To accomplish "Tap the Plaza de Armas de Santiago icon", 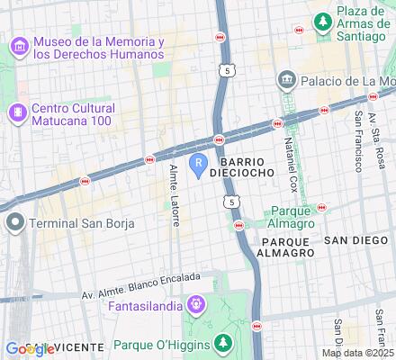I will tap(321, 20).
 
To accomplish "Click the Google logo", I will tap(28, 348).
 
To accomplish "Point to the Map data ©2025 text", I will tap(357, 352).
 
